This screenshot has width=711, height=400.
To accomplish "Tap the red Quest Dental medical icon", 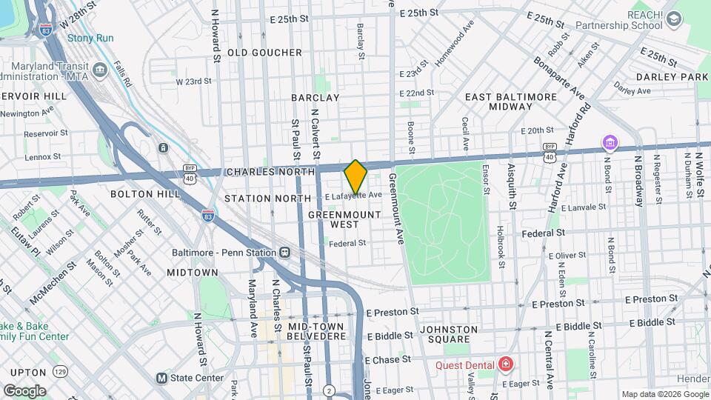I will click(506, 364).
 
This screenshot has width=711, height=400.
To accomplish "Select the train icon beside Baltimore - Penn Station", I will click(284, 252).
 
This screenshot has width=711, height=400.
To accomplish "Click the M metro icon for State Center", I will click(161, 378).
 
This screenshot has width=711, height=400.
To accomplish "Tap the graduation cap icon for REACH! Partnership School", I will click(673, 19).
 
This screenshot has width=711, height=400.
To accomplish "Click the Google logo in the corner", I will click(24, 390).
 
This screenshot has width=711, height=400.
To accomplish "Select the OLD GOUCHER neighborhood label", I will click(264, 53).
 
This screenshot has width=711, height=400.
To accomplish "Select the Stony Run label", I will click(90, 38).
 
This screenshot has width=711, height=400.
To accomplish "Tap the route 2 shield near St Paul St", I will click(329, 390).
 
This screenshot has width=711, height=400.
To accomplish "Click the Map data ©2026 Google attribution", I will click(664, 394).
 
